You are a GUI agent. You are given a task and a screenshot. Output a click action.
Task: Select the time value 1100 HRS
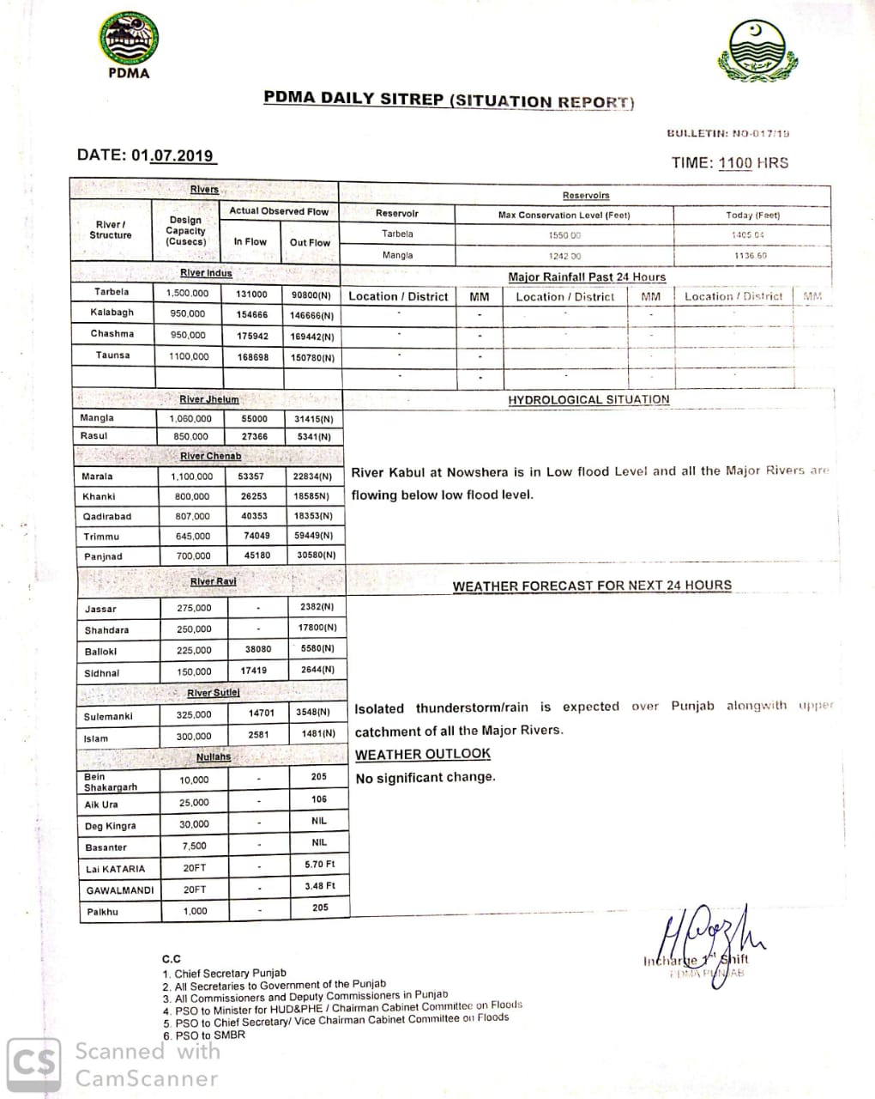[753, 163]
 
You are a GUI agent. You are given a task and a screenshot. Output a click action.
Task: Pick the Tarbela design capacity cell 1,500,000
[187, 293]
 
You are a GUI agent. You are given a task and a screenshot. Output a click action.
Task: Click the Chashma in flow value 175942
[252, 336]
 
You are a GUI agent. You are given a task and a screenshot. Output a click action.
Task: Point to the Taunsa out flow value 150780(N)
[312, 357]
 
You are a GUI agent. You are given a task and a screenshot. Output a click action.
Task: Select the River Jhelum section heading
[208, 399]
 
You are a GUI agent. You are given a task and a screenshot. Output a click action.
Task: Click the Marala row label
[97, 476]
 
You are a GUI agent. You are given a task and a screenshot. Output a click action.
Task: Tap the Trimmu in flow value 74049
[256, 535]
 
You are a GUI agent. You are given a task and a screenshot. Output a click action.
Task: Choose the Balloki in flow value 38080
[257, 649]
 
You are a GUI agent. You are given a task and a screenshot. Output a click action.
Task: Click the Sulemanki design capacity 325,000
[194, 714]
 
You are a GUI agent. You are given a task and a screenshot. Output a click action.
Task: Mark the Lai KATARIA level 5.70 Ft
[319, 864]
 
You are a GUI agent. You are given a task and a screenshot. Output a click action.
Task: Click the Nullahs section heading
[214, 757]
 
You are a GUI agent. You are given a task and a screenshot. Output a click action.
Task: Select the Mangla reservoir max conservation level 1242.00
[564, 256]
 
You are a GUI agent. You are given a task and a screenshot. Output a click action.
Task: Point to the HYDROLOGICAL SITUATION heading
[588, 399]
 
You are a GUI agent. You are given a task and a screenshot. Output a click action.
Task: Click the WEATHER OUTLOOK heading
[423, 754]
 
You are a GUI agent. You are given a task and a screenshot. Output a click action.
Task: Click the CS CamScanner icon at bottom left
[34, 1063]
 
